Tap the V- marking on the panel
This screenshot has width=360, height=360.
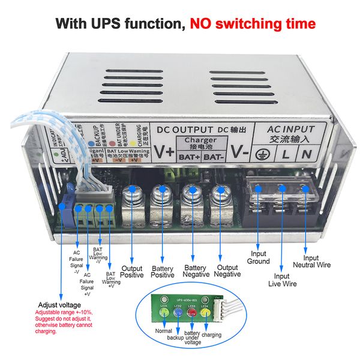[x=240, y=152]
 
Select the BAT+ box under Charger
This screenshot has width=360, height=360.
[x=189, y=158]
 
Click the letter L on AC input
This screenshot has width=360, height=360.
[x=286, y=153]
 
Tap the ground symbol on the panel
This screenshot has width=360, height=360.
[x=262, y=154]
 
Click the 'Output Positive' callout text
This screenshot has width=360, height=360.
[x=132, y=271]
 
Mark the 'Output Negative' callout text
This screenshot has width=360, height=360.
[x=227, y=271]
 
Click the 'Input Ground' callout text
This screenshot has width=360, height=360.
[x=259, y=257]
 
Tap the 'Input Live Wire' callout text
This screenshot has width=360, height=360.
[x=282, y=280]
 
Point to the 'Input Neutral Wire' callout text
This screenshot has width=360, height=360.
[x=311, y=261]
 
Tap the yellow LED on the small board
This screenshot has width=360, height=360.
[x=205, y=310]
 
